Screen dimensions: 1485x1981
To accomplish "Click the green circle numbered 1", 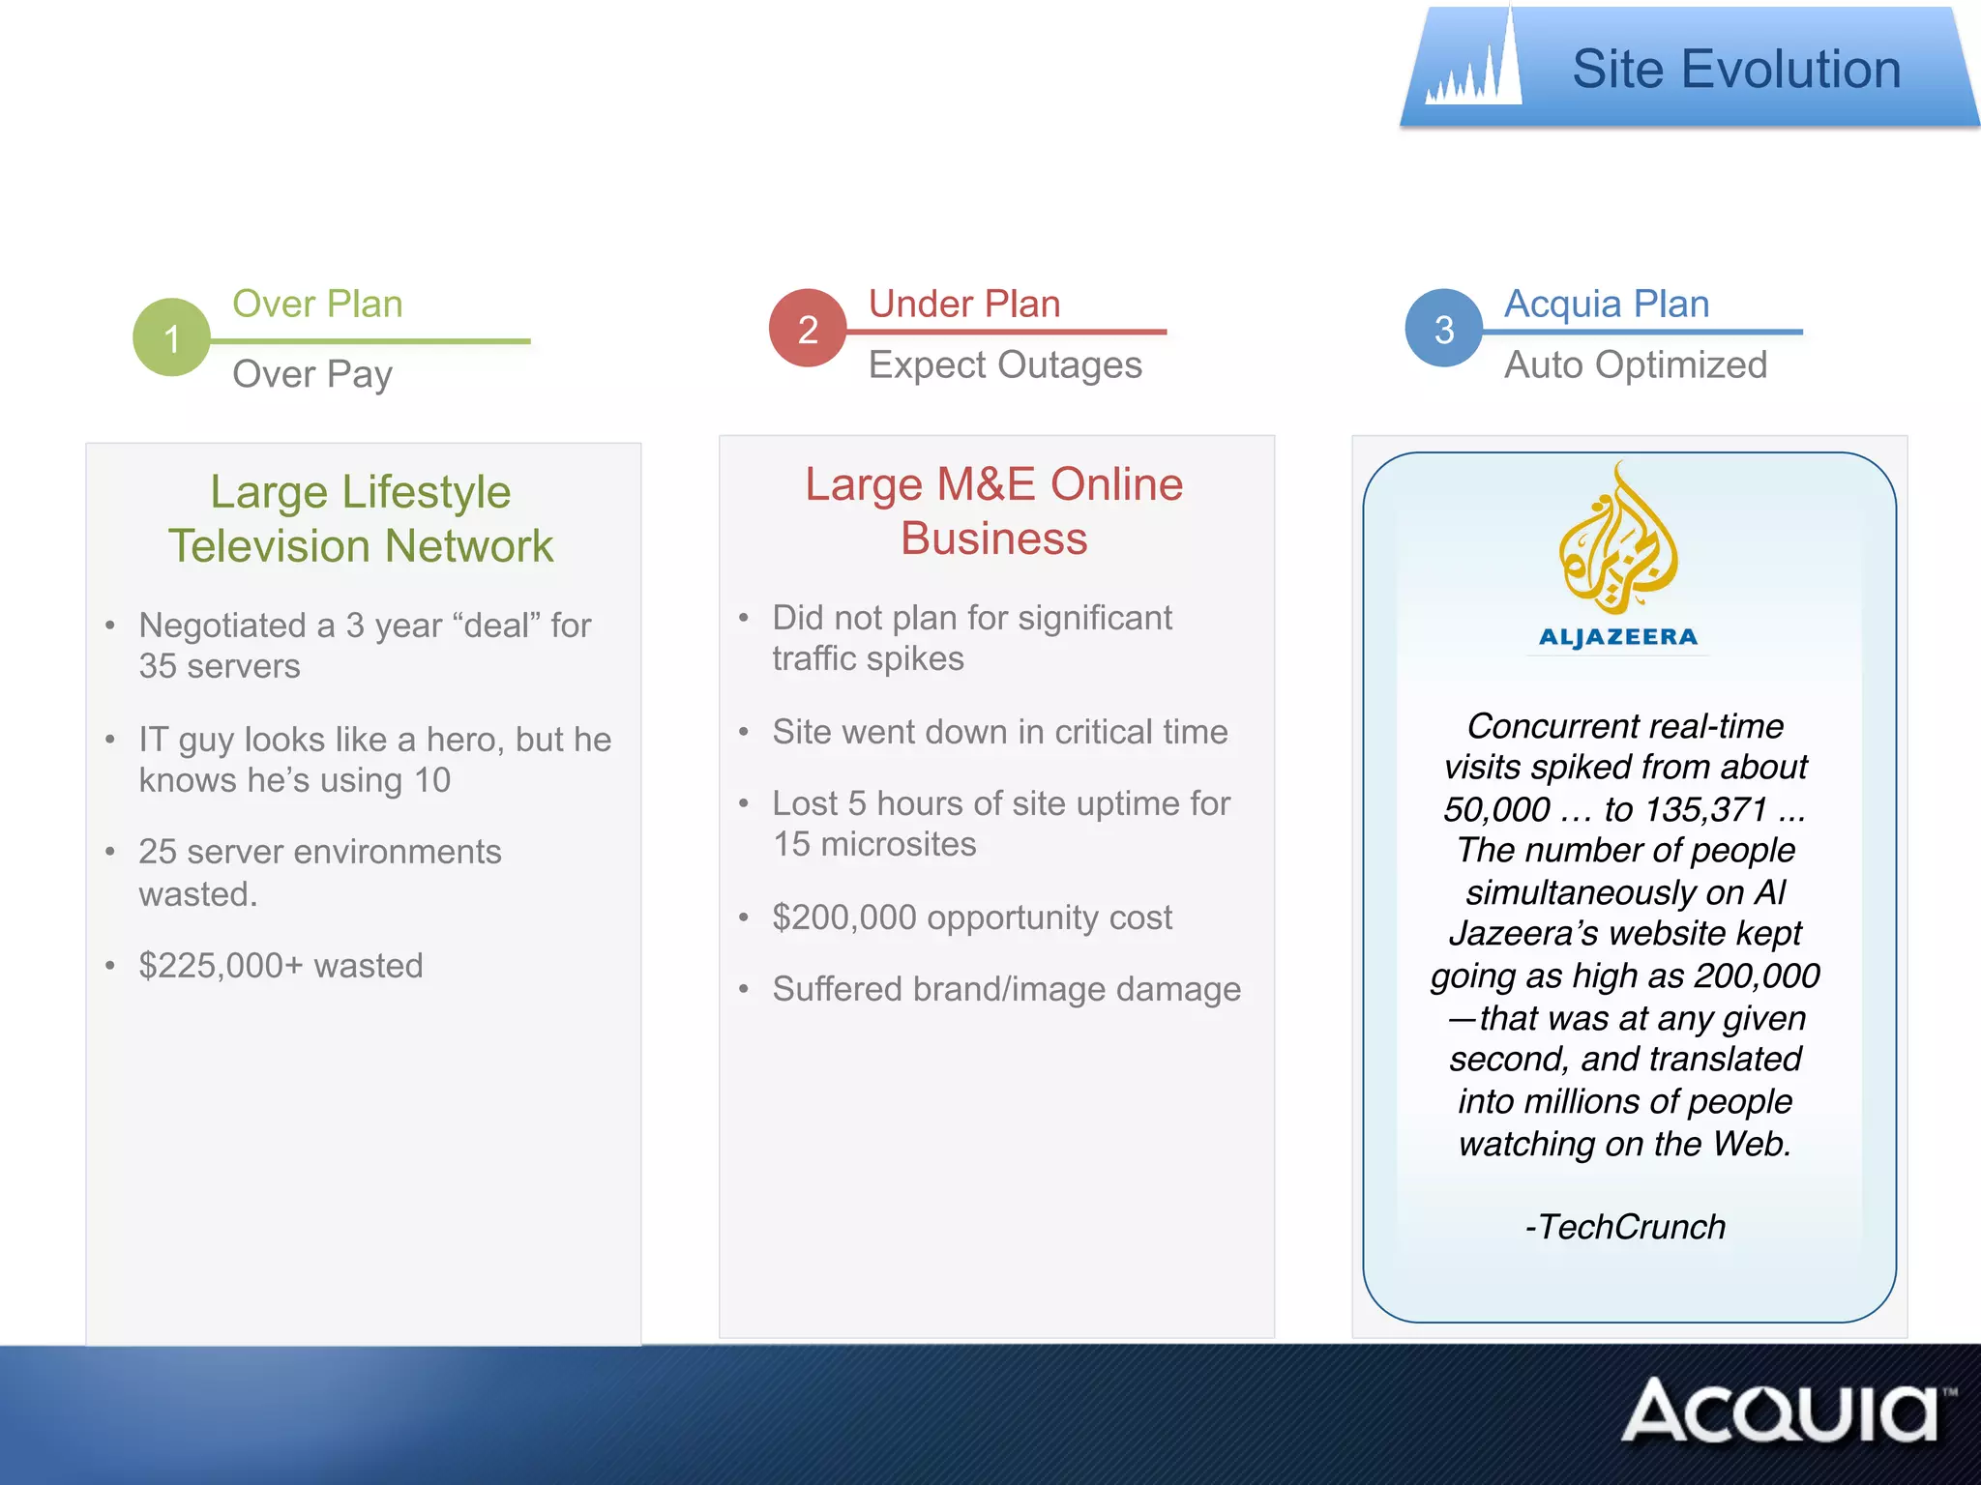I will click(x=171, y=337).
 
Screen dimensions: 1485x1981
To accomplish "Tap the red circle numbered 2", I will click(x=808, y=329).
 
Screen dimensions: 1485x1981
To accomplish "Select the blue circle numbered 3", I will click(x=1443, y=329).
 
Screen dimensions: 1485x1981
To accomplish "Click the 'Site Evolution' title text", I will click(x=1735, y=70).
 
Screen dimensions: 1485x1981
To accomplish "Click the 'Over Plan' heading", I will click(x=317, y=304).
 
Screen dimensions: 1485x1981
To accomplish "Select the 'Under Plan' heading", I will click(x=963, y=304).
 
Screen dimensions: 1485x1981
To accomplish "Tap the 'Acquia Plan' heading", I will click(x=1606, y=304).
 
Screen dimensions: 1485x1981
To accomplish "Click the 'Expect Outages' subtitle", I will click(x=1004, y=365).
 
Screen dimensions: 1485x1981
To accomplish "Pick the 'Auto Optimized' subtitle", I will click(x=1635, y=365).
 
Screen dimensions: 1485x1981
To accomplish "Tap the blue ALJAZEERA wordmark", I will click(x=1617, y=637).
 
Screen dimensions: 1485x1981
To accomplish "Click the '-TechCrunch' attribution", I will click(x=1625, y=1227).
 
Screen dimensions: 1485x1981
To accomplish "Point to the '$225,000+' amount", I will click(x=221, y=966).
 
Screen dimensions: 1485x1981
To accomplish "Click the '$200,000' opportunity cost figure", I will click(x=843, y=917).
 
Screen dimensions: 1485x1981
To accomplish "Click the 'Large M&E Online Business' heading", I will click(x=994, y=510).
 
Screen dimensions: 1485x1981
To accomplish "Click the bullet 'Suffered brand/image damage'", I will click(x=1006, y=989).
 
